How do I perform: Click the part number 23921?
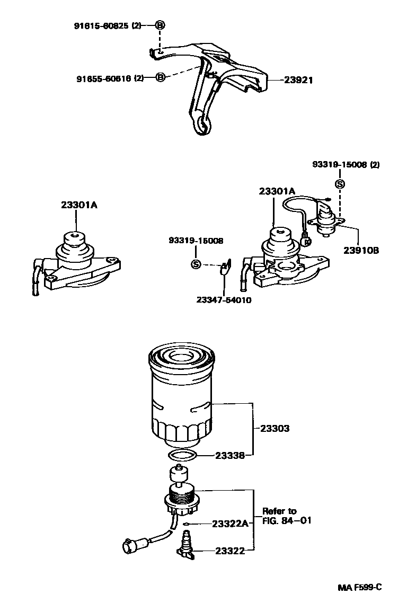click(298, 81)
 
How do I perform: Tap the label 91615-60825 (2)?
click(108, 25)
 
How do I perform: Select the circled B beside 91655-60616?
click(161, 78)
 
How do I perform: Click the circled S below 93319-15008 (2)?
click(340, 184)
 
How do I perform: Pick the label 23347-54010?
click(224, 300)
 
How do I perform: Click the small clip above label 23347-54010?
click(224, 266)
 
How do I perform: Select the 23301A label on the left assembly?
click(79, 206)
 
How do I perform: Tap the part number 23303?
click(275, 428)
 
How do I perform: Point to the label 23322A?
click(230, 524)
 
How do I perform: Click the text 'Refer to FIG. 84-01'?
click(287, 516)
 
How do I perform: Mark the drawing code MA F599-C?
click(360, 587)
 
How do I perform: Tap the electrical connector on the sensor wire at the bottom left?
click(130, 544)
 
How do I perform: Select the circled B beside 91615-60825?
click(160, 25)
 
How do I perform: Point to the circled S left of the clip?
click(196, 264)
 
